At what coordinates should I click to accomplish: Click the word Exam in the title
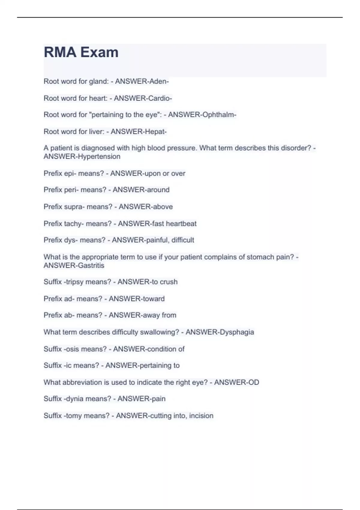click(x=99, y=52)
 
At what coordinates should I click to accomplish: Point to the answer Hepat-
click(x=156, y=131)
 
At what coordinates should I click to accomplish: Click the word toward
click(x=153, y=299)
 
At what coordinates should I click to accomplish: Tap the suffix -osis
click(x=72, y=349)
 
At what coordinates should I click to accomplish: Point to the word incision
click(x=201, y=416)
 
